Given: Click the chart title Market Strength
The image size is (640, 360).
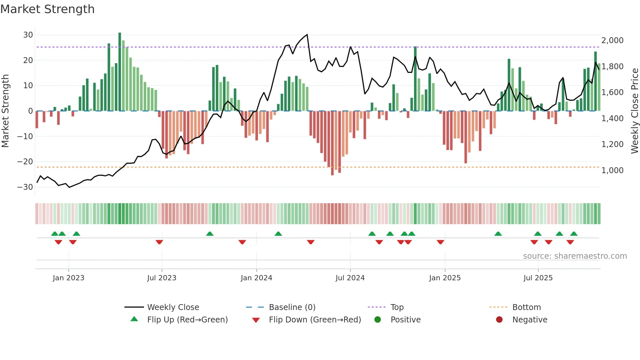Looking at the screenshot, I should (x=48, y=9).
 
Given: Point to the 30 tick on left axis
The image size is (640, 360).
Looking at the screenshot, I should (x=28, y=35).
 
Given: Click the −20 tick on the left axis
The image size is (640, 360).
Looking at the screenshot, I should (x=25, y=162).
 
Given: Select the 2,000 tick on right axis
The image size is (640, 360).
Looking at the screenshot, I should (x=612, y=41).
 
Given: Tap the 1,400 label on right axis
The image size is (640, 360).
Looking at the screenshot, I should (x=612, y=119).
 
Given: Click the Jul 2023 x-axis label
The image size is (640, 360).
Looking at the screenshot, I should (x=162, y=278).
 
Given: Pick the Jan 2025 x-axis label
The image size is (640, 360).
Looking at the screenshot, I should (x=445, y=278).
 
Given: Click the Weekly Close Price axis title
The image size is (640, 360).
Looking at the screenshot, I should (x=634, y=111).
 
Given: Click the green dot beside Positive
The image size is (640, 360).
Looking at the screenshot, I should (x=378, y=320).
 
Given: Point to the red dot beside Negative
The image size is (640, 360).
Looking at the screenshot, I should (x=499, y=320).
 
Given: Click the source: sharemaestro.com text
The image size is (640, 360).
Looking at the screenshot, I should (x=575, y=256).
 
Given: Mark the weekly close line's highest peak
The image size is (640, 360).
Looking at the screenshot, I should (x=307, y=35).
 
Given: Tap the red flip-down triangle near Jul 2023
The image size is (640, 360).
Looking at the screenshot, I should (x=159, y=242).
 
